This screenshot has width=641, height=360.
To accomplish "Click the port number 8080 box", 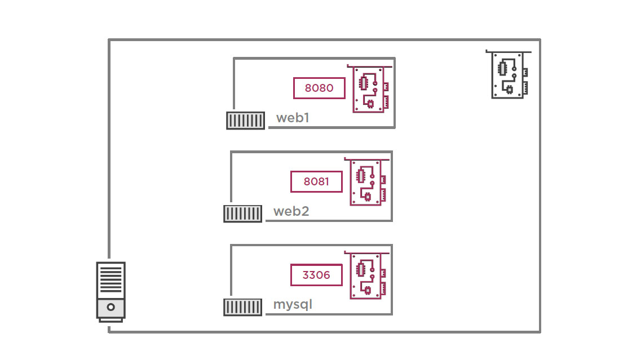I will tap(319, 88).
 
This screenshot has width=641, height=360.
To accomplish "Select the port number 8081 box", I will tap(316, 181).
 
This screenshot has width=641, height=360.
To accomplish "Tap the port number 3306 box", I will tap(316, 275).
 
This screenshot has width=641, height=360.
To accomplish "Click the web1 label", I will tap(293, 118).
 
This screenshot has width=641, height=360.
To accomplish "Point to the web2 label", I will tap(291, 212).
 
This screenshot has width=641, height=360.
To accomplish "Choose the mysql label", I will tap(293, 305).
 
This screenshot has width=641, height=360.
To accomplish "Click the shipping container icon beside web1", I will tap(245, 121).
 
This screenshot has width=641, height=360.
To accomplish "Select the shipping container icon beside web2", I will tap(243, 214).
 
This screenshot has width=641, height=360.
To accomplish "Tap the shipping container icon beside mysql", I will tap(243, 307).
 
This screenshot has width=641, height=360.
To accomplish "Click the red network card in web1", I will tap(371, 89).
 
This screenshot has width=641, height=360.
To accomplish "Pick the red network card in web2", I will tap(368, 182).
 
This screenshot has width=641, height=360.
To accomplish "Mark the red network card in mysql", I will tap(368, 275).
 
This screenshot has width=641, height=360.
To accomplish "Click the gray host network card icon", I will tap(510, 75).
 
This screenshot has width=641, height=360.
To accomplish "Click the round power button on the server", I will tap(110, 308).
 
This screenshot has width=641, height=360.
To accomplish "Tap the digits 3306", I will tap(316, 275).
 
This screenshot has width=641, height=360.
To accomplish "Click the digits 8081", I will tap(316, 181).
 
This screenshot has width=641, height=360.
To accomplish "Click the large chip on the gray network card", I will tap(502, 68).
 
